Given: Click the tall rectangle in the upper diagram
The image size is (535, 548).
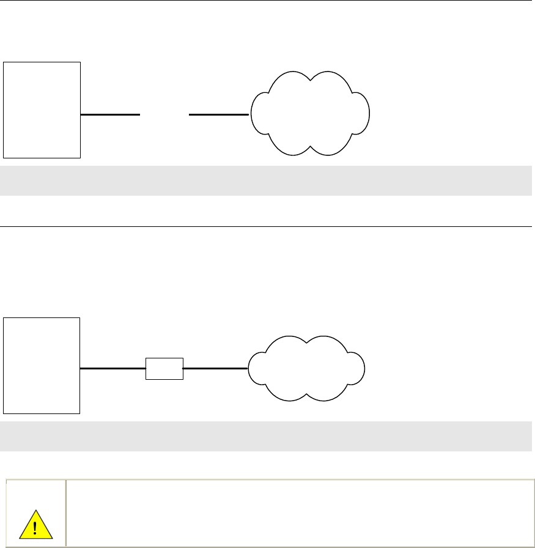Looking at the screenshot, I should click(42, 110).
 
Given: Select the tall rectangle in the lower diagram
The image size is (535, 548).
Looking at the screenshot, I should click(42, 366).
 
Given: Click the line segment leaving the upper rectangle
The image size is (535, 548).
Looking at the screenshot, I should click(110, 114).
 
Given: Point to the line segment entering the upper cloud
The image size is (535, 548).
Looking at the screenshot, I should click(219, 114).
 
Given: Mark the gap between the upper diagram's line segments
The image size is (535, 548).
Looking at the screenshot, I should click(164, 114).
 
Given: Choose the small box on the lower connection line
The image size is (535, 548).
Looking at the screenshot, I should click(164, 369).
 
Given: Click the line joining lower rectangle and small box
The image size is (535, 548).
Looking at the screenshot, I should click(113, 369).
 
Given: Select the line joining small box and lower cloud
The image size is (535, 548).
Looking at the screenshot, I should click(215, 369).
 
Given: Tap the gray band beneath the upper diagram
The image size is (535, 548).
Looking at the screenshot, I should click(267, 180).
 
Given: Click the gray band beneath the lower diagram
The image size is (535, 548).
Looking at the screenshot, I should click(267, 436).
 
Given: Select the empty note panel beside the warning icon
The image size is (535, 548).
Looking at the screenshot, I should click(300, 503).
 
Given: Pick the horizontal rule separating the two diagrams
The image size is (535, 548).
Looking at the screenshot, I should click(267, 226).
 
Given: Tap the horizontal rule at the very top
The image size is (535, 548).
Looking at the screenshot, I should click(267, 1).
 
